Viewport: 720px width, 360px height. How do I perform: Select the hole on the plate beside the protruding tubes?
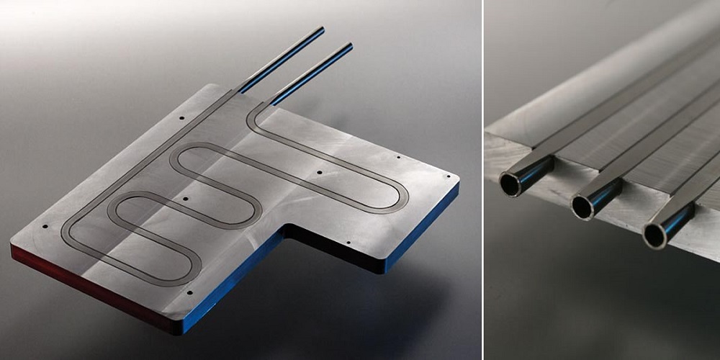coord(181,117)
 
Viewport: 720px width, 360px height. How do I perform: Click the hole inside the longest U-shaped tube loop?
coord(318,174)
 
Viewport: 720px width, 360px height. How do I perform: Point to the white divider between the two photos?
coord(482,180)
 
